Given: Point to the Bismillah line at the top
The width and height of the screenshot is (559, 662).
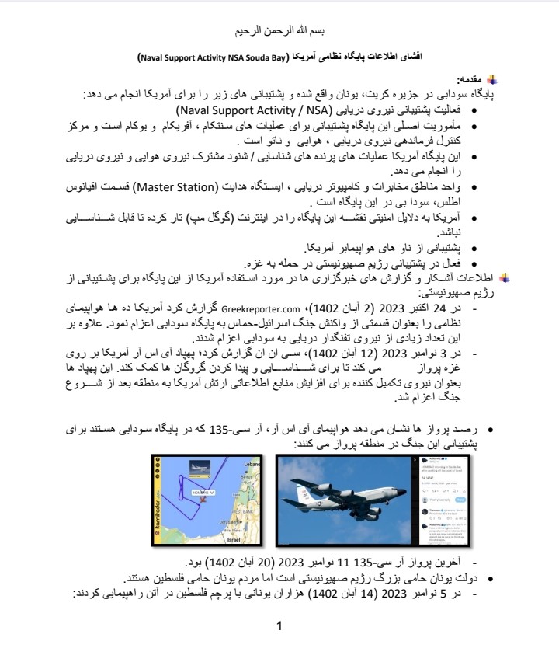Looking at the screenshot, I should [279, 32].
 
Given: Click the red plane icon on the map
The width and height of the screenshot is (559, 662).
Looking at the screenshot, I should [203, 500].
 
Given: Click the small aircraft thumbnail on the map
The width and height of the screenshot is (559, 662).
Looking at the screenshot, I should [200, 468].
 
